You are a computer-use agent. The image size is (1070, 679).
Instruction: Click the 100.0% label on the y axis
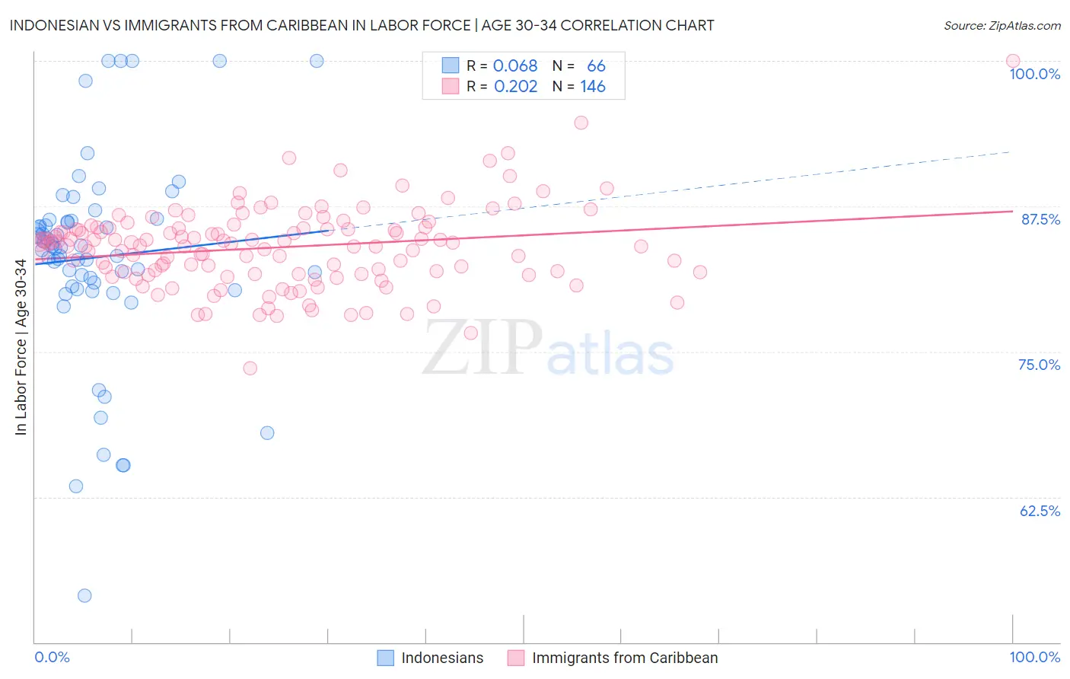1034,74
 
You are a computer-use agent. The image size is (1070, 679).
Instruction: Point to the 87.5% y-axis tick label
1040,219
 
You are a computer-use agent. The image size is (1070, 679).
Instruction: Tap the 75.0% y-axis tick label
1039,365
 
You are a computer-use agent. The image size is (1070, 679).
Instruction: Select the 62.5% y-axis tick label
1040,511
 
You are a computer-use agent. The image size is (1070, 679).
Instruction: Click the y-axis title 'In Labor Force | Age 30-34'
21,347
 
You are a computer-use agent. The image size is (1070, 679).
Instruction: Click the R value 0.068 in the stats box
515,66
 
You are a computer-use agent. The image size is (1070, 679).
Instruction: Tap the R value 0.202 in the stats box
515,87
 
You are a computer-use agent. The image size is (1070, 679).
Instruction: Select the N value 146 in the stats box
593,87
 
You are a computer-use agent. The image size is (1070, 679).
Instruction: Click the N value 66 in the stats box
596,66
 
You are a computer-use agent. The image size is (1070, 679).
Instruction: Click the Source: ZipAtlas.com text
1002,26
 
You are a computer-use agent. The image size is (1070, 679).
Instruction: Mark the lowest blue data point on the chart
84,595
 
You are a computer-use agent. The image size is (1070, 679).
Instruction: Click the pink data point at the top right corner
1012,61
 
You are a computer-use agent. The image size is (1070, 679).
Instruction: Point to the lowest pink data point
250,368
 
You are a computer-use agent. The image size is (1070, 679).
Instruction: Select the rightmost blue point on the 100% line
317,61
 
